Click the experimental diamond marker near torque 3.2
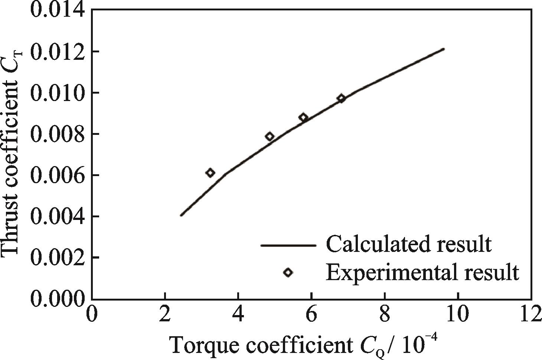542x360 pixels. click(x=210, y=173)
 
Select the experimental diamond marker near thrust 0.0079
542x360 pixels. click(x=270, y=136)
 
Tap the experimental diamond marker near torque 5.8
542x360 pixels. click(x=303, y=117)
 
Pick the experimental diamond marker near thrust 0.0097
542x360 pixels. click(x=341, y=98)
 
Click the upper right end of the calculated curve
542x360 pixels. click(x=444, y=49)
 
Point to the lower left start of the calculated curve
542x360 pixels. click(x=181, y=215)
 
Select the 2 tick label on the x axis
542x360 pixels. click(x=164, y=315)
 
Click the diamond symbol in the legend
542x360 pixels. click(x=288, y=272)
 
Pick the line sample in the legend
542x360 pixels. click(x=288, y=245)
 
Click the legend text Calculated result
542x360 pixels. click(x=408, y=244)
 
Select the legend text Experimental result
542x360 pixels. click(x=422, y=272)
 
